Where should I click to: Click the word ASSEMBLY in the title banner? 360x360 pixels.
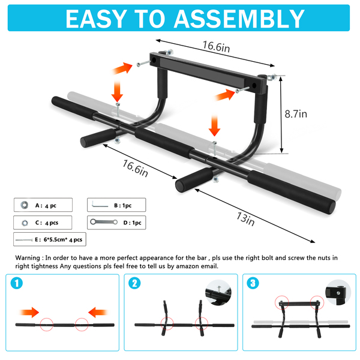239,19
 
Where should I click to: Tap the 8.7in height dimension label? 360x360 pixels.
296,114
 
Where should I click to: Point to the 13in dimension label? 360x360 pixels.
245,219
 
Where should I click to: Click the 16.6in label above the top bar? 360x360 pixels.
216,47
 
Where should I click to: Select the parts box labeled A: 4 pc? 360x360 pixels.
43,205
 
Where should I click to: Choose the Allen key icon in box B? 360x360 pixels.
100,205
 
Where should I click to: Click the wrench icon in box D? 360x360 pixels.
104,222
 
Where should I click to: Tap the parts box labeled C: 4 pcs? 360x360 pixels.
43,223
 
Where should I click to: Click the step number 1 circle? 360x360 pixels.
17,283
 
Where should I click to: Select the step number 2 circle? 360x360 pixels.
135,283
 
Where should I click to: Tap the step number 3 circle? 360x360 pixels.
253,283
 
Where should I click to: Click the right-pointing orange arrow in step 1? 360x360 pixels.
29,312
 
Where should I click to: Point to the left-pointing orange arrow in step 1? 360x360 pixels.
98,312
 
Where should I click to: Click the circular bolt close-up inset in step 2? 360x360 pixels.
218,293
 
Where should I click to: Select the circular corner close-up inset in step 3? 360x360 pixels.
338,293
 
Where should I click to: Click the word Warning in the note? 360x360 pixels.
28,258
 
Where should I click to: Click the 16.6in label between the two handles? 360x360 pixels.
135,168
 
